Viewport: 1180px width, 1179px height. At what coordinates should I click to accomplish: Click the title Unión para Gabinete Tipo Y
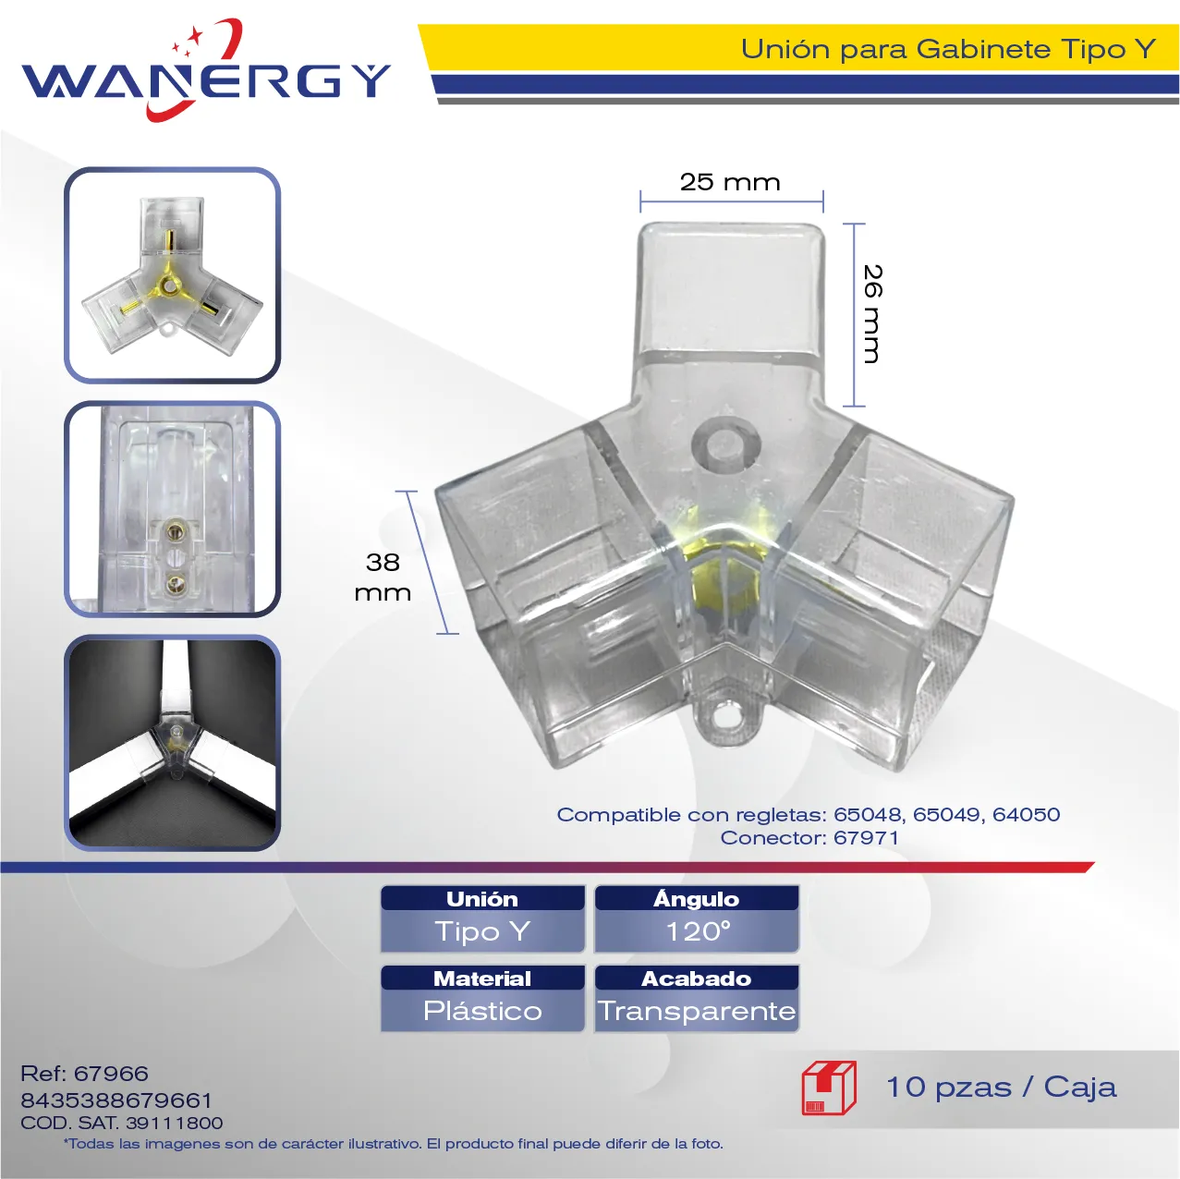(948, 49)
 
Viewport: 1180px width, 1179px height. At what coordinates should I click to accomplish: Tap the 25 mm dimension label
(730, 182)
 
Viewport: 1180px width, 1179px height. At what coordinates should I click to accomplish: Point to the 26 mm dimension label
(871, 313)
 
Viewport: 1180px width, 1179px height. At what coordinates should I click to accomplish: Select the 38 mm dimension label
(383, 577)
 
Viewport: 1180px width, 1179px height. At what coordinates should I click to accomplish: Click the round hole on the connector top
(726, 444)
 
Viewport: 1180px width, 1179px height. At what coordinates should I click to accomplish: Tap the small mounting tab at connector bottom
(727, 718)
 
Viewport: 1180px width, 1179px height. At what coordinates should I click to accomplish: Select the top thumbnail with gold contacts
(172, 275)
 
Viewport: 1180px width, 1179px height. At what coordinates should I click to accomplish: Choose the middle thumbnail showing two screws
(172, 508)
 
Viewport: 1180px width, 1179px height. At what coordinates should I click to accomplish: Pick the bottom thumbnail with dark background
(172, 742)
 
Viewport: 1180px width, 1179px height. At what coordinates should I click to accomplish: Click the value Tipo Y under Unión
(482, 931)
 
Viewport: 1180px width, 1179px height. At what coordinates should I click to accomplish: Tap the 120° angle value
(698, 931)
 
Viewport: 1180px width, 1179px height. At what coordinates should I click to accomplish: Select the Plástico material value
(482, 1011)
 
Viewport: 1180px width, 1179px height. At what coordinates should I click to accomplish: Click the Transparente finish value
(697, 1011)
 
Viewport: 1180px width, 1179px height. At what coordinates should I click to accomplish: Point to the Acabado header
(696, 978)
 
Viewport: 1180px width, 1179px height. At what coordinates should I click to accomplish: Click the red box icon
(829, 1088)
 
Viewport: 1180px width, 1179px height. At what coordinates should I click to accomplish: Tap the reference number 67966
(111, 1073)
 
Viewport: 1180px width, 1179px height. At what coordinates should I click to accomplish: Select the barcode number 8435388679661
(116, 1100)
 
